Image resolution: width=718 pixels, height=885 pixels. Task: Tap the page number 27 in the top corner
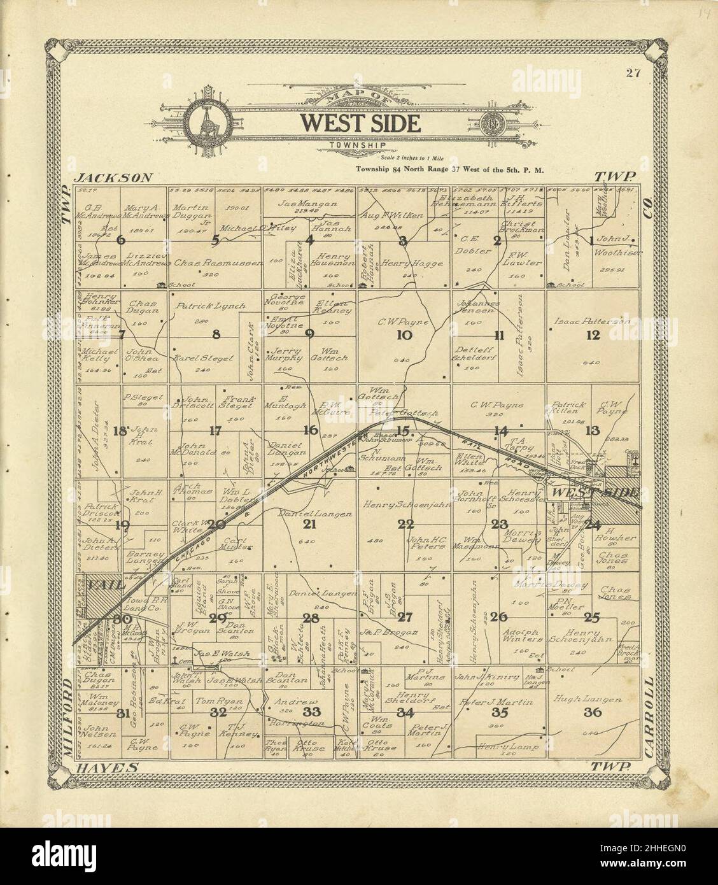632,72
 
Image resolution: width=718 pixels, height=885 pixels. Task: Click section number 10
404,335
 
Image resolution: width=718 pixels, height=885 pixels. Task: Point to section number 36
593,712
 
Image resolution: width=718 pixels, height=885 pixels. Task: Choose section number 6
121,240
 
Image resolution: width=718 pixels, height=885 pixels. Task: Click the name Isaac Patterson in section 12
593,322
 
